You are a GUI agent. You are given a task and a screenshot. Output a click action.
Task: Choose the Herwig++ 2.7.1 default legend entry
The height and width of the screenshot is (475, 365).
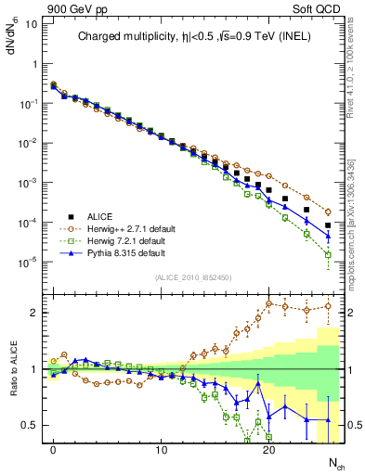click(129, 227)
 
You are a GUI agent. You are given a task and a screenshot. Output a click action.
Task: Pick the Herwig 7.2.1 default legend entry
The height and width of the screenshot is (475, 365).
click(127, 239)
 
